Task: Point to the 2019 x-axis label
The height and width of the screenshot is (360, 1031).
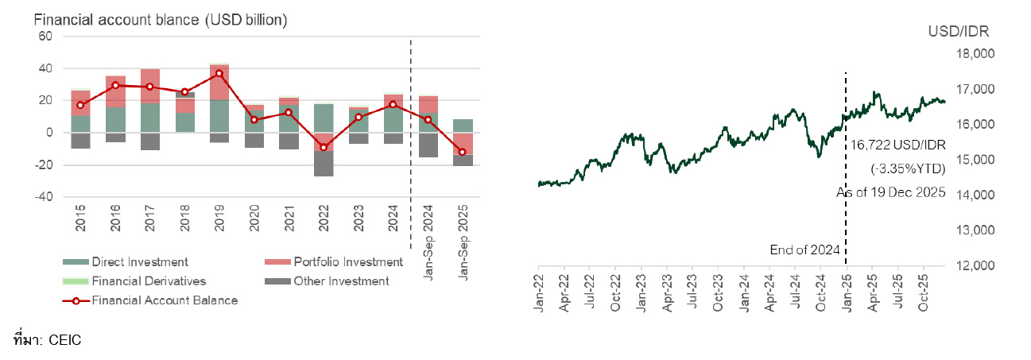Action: click(x=219, y=215)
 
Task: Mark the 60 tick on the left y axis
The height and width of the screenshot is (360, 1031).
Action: click(x=45, y=37)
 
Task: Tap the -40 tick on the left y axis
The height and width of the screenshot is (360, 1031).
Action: click(x=42, y=197)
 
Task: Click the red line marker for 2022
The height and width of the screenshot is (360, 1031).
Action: click(x=323, y=147)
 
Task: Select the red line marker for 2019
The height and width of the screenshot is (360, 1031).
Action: click(x=219, y=73)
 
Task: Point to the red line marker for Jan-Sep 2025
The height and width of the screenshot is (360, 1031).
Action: click(x=462, y=152)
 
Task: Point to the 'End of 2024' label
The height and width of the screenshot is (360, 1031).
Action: click(x=805, y=250)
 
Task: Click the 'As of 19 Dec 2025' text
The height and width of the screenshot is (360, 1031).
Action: click(x=890, y=192)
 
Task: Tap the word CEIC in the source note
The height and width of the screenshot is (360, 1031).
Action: click(x=65, y=340)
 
